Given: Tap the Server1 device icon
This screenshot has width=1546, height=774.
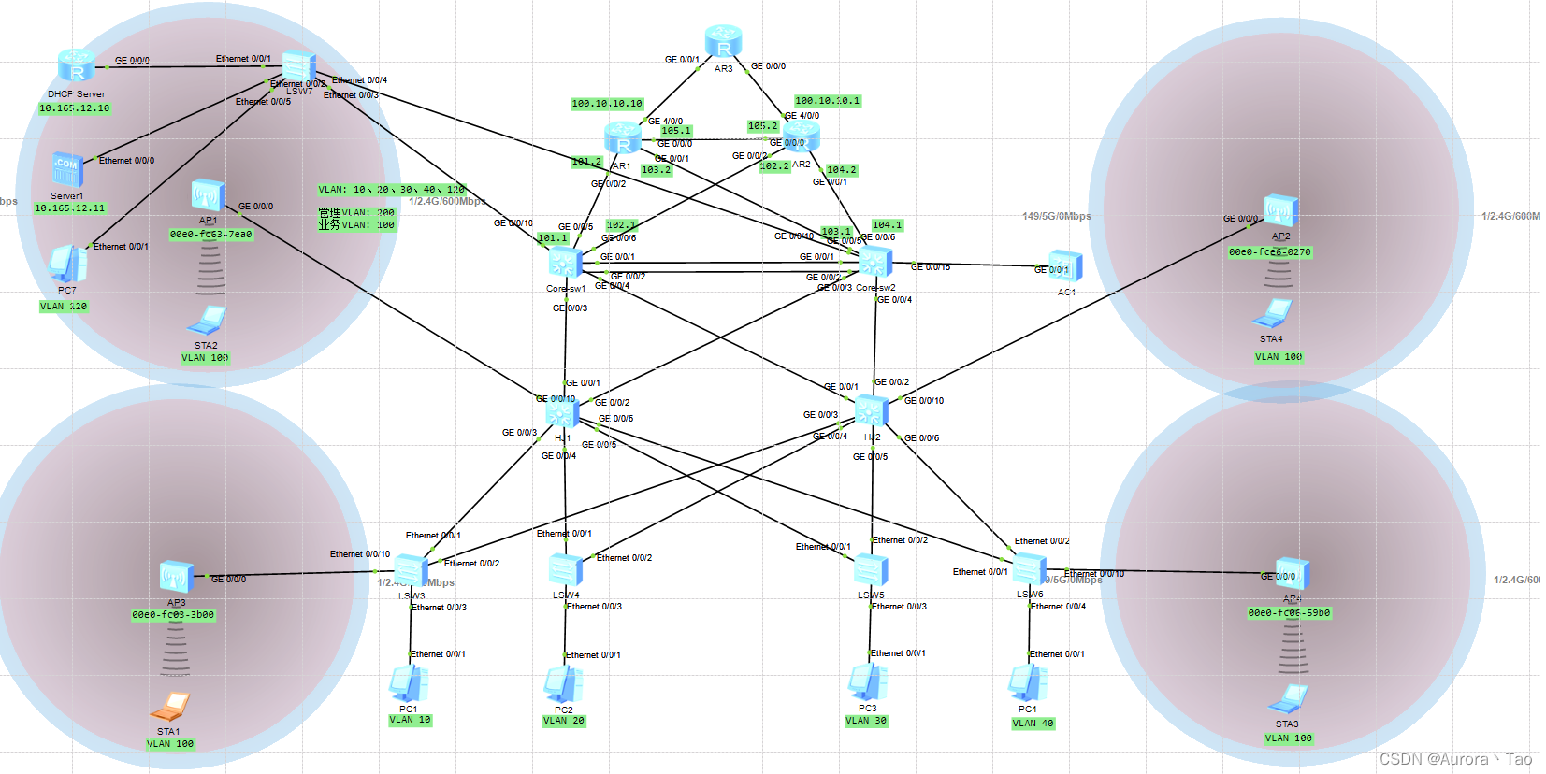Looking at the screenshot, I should click(67, 170).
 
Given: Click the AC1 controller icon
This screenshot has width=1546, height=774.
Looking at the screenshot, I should click(1065, 266).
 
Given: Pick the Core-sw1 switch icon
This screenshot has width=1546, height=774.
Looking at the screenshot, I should click(565, 264).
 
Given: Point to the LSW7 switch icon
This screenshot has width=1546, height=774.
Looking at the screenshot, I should click(298, 66).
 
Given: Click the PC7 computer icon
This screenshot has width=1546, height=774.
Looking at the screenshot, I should click(67, 265).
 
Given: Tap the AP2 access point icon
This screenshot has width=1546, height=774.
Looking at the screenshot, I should click(1280, 211).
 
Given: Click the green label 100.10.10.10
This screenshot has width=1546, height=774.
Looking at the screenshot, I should click(607, 104).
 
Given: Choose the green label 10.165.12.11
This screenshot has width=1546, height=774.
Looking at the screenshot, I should click(70, 208).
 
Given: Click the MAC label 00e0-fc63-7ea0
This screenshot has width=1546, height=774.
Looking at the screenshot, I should click(210, 235).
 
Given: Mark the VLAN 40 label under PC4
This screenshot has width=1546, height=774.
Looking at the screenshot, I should click(1033, 724).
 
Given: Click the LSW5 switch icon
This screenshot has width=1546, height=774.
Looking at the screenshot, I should click(871, 569).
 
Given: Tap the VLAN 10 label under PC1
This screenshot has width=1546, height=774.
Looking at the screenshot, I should click(410, 720).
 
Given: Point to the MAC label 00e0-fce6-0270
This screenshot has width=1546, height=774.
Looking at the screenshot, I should click(1269, 252).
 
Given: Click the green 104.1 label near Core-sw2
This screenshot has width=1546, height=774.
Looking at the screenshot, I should click(887, 225).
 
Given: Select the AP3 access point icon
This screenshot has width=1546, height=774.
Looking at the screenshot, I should click(176, 578).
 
